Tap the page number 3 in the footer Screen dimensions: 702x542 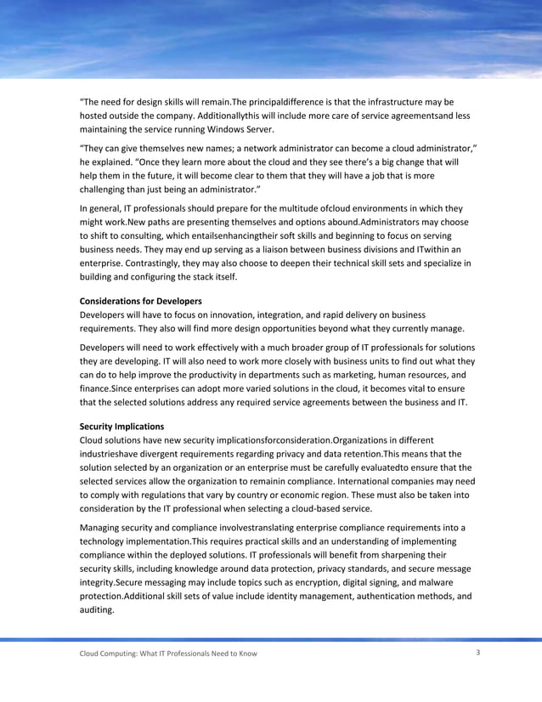tap(479, 652)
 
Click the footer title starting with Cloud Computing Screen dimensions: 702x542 tap(168, 653)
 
